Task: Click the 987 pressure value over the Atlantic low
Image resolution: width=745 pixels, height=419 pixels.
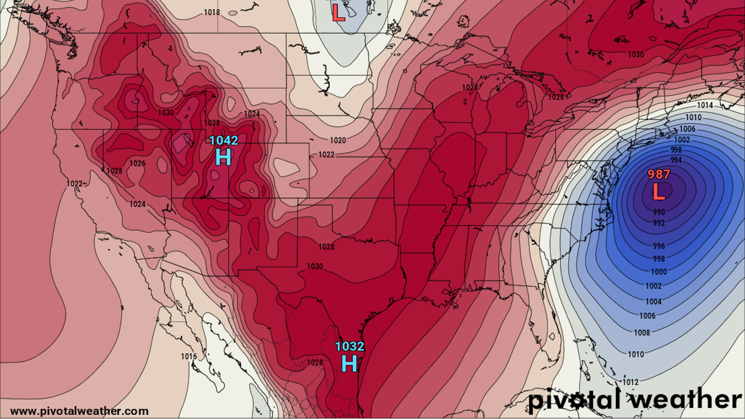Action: click(x=659, y=175)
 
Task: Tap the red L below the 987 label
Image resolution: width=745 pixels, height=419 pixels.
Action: click(x=658, y=192)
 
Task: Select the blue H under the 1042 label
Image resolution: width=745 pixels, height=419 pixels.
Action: click(x=223, y=157)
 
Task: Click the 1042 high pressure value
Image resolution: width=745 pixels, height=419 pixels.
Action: click(x=223, y=140)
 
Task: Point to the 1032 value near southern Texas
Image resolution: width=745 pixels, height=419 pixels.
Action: click(x=349, y=346)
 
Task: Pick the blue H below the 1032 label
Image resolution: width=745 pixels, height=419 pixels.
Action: click(x=349, y=364)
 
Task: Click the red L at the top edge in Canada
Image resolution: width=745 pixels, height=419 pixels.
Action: click(x=338, y=13)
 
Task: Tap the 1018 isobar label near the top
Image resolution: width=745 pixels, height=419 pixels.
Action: click(x=212, y=12)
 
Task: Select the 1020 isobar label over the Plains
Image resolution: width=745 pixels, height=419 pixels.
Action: click(x=338, y=140)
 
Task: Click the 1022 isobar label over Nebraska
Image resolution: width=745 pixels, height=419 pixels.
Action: click(x=326, y=155)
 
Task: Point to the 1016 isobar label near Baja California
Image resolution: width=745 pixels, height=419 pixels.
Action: click(x=189, y=357)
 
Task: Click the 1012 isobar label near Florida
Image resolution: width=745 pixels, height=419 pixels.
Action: click(x=631, y=382)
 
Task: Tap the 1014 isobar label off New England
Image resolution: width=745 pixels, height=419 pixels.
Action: click(x=705, y=105)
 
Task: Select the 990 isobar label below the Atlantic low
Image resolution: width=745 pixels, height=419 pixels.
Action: click(x=659, y=212)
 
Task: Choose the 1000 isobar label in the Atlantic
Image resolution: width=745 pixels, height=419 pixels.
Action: click(x=659, y=272)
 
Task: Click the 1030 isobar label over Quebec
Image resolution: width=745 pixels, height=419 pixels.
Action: click(x=636, y=55)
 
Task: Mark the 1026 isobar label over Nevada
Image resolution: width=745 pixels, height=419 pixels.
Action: click(x=137, y=164)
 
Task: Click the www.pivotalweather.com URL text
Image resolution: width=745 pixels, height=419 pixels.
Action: click(x=79, y=411)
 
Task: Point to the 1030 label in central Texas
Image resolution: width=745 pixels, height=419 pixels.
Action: click(x=315, y=267)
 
